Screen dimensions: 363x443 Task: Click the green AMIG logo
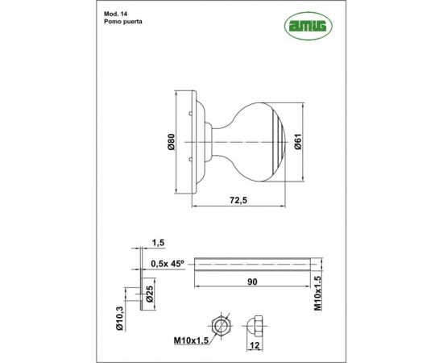[x=304, y=26]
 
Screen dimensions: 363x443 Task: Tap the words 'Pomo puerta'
[x=122, y=25]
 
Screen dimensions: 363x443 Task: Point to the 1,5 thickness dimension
[x=158, y=241]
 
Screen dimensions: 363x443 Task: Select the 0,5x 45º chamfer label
[x=167, y=262]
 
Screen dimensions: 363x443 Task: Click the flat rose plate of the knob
[x=190, y=143]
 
